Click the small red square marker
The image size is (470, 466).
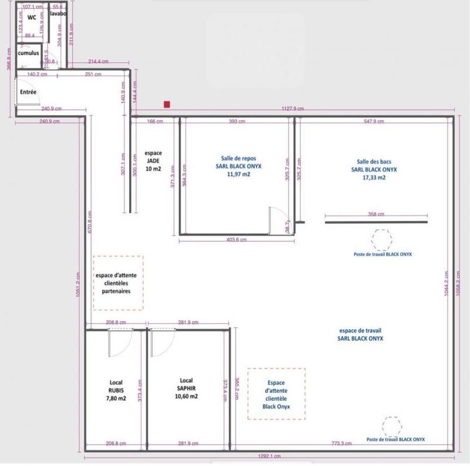[167, 105]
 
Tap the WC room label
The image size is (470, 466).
[32, 18]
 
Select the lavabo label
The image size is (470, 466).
[57, 13]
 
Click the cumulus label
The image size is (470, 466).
[28, 53]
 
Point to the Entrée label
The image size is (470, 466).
[28, 92]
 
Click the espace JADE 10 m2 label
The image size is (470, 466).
[153, 160]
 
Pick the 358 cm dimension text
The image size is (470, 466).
[377, 215]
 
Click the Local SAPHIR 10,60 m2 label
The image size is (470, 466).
[186, 389]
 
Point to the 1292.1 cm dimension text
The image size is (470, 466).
[269, 456]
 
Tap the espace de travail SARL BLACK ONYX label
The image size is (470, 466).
[360, 334]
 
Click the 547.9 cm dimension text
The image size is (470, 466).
[374, 122]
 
